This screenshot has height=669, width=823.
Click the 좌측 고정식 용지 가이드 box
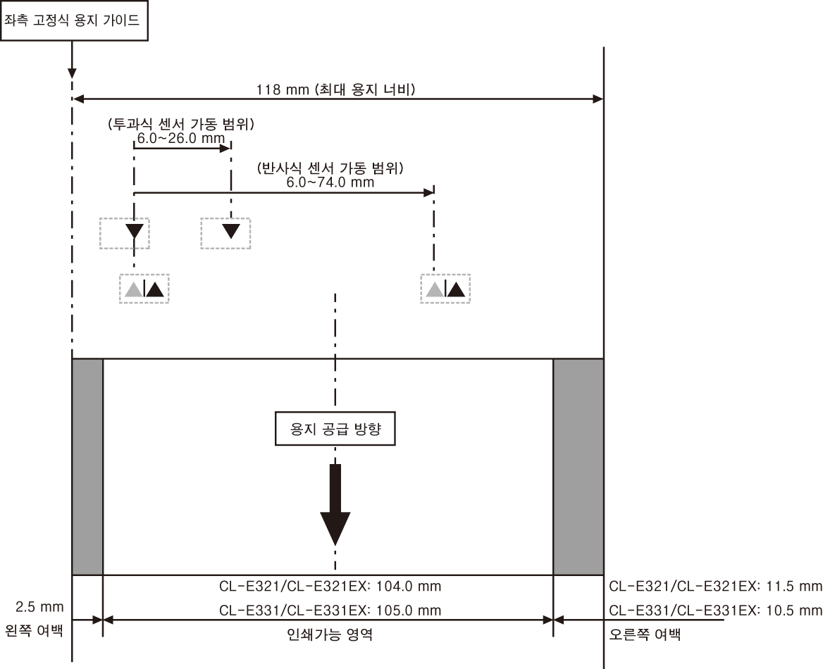pyautogui.click(x=74, y=20)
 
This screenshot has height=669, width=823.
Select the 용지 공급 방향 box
pyautogui.click(x=335, y=429)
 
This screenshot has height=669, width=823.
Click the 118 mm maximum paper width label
pyautogui.click(x=336, y=89)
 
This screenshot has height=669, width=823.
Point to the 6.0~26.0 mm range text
pyautogui.click(x=181, y=139)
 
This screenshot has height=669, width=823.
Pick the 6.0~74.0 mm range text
pyautogui.click(x=330, y=182)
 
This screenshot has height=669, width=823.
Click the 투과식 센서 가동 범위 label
pyautogui.click(x=181, y=125)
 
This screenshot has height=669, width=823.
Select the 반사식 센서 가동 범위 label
pyautogui.click(x=330, y=168)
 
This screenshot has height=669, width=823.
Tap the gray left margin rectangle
pyautogui.click(x=87, y=467)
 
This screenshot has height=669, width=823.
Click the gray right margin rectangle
pyautogui.click(x=578, y=467)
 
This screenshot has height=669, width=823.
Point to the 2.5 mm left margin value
pyautogui.click(x=39, y=607)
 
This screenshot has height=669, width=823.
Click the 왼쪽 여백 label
pyautogui.click(x=34, y=630)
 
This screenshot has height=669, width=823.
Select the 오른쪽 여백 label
pyautogui.click(x=645, y=634)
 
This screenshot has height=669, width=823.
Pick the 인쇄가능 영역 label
pyautogui.click(x=330, y=634)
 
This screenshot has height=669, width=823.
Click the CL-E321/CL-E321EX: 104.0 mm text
pyautogui.click(x=330, y=586)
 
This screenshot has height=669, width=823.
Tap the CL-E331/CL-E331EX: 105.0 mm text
pyautogui.click(x=330, y=611)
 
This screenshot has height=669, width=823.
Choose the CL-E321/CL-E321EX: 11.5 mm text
pyautogui.click(x=715, y=586)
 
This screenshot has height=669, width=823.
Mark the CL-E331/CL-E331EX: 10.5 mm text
pyautogui.click(x=715, y=611)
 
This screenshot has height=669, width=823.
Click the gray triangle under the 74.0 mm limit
pyautogui.click(x=435, y=289)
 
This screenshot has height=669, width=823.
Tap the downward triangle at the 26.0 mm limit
pyautogui.click(x=231, y=231)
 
